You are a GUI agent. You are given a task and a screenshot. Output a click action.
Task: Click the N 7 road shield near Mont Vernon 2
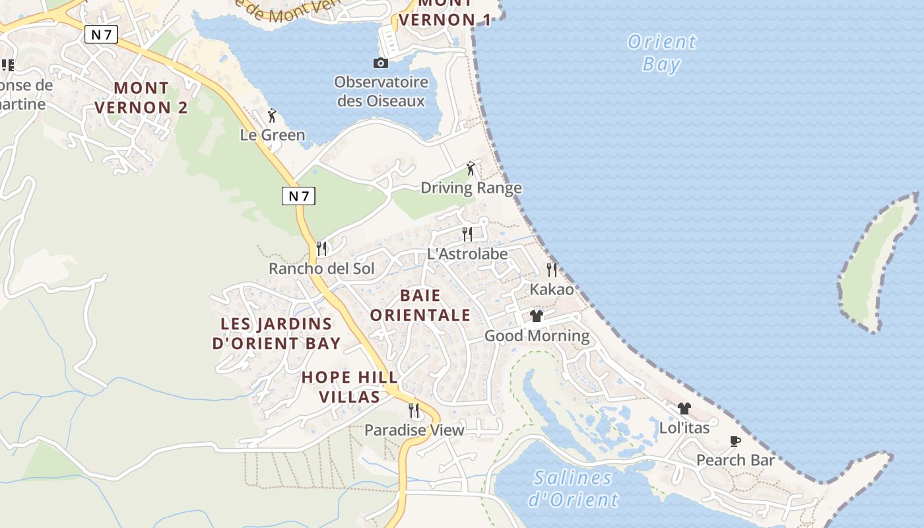[x=101, y=34]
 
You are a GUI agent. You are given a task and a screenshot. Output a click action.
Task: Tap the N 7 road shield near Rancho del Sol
[x=298, y=195]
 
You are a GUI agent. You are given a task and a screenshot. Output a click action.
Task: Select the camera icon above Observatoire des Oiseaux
[x=381, y=63]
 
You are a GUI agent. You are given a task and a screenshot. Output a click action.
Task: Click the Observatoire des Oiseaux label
[x=381, y=92]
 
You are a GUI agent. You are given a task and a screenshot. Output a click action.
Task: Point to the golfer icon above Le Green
[x=272, y=115]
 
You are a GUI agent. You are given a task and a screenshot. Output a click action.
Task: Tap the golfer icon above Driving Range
[x=471, y=168]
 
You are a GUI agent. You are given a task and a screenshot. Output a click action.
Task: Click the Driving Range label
[x=471, y=188]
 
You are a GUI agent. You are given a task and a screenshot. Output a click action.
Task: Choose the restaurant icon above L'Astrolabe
[x=467, y=234]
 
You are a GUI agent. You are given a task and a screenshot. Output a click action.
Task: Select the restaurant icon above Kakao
[x=552, y=269]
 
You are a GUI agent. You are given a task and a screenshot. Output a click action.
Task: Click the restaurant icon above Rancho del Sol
[x=321, y=248]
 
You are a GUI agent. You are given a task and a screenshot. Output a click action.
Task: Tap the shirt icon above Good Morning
[x=537, y=316]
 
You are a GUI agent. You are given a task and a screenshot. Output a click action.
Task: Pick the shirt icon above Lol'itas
[x=684, y=409]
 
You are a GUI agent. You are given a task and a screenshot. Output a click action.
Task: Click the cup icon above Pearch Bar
[x=735, y=441]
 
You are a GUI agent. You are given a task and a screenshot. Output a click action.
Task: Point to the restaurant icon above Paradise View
[x=414, y=411]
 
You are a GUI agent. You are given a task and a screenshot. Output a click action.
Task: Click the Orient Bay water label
[x=661, y=53]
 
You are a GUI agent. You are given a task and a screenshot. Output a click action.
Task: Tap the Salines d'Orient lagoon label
[x=573, y=488]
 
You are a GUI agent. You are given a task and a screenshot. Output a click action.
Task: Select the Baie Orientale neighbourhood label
[x=420, y=305]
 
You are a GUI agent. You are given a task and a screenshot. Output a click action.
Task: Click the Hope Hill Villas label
[x=350, y=387]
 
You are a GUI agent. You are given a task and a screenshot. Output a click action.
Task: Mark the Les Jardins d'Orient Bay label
[x=276, y=333]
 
